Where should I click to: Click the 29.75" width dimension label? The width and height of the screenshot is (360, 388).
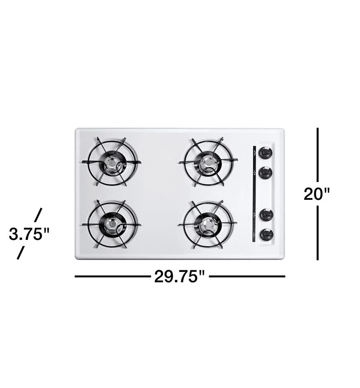(179, 276)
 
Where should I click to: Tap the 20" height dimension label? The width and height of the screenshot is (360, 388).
(317, 193)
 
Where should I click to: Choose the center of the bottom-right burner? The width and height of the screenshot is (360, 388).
(207, 224)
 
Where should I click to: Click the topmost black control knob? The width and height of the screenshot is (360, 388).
(265, 153)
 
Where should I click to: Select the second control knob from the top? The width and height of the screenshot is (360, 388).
(265, 173)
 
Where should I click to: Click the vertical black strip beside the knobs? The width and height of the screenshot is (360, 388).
(254, 194)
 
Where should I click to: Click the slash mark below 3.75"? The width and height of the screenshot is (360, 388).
(20, 253)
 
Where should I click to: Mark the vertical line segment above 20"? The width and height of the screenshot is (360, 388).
(318, 154)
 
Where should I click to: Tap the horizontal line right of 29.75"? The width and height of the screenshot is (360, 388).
(247, 276)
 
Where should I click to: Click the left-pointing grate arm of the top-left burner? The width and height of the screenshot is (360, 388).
(89, 162)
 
